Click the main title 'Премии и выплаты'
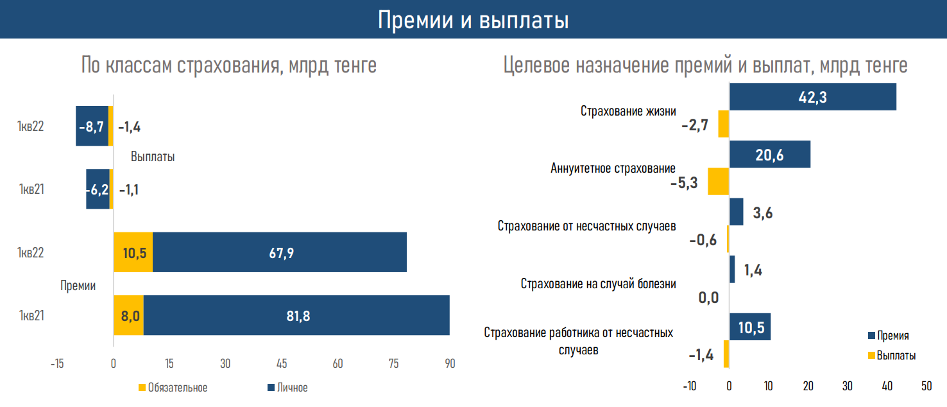pos(473,20)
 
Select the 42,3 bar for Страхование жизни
pos(812,97)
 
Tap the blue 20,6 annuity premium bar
pos(770,155)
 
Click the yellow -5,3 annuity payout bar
pos(719,182)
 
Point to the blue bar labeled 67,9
pos(280,252)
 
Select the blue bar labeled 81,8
pos(296,315)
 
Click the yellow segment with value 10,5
pos(133,252)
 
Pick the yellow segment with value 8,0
pos(128,315)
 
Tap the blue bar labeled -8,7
pos(92,126)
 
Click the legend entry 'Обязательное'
pos(173,388)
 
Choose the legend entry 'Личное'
pos(287,388)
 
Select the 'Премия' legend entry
pos(888,336)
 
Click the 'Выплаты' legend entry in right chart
pos(892,356)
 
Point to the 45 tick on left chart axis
pos(282,363)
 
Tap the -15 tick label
pos(57,363)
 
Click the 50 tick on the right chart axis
pos(926,386)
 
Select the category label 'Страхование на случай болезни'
pos(598,284)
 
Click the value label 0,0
pos(708,297)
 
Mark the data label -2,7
pos(695,125)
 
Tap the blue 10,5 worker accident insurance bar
pos(750,327)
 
